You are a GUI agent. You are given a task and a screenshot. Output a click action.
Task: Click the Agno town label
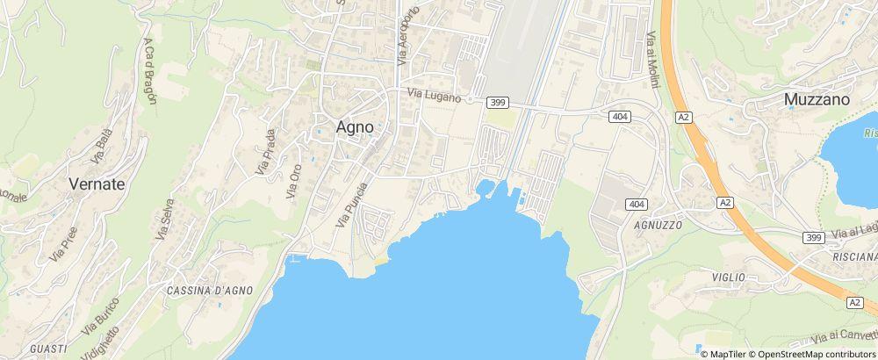click(x=356, y=126)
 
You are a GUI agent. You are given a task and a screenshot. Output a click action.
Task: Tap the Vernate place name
click(x=97, y=184)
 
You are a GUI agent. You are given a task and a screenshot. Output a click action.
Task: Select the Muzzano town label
click(x=817, y=100)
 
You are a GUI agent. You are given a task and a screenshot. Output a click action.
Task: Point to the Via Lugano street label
click(x=433, y=96)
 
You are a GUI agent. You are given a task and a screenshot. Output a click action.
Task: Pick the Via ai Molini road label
click(x=652, y=54)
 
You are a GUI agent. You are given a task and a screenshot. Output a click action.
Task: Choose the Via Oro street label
click(x=294, y=180)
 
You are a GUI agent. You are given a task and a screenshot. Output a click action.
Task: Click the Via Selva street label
click(x=162, y=219)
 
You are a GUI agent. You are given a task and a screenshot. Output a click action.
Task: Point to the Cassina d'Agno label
click(x=210, y=290)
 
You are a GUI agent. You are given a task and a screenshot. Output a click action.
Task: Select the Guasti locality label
click(x=48, y=349)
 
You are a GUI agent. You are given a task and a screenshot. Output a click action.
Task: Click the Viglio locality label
click(x=729, y=277)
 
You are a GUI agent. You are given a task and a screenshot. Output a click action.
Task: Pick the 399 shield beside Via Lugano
click(x=497, y=103)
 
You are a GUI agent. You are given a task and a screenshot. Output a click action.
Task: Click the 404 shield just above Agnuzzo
click(x=638, y=204)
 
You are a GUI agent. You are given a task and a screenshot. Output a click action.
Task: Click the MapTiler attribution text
click(x=727, y=353)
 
